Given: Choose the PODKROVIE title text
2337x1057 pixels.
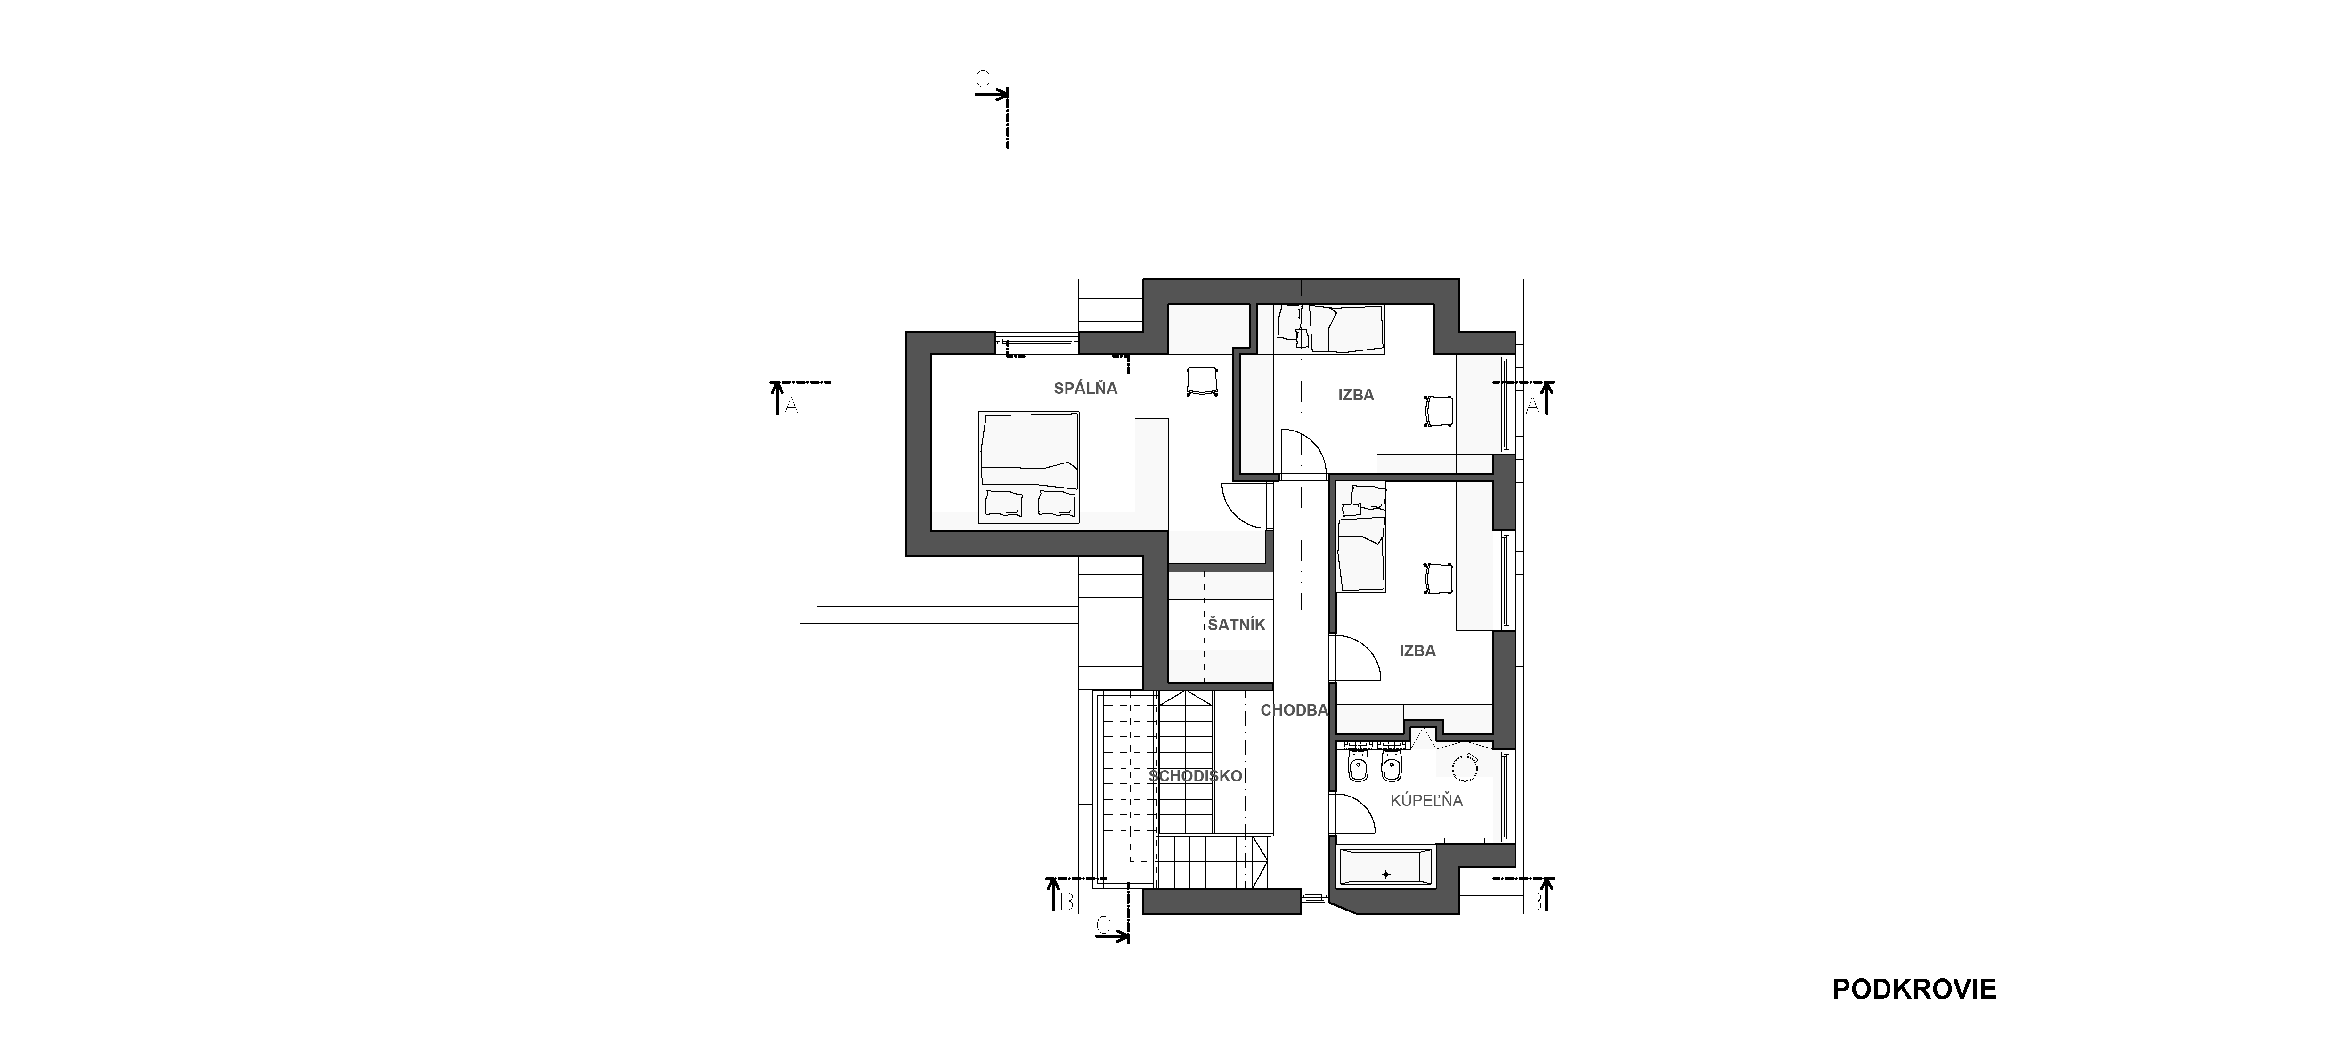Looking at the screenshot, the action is (x=1914, y=989).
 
